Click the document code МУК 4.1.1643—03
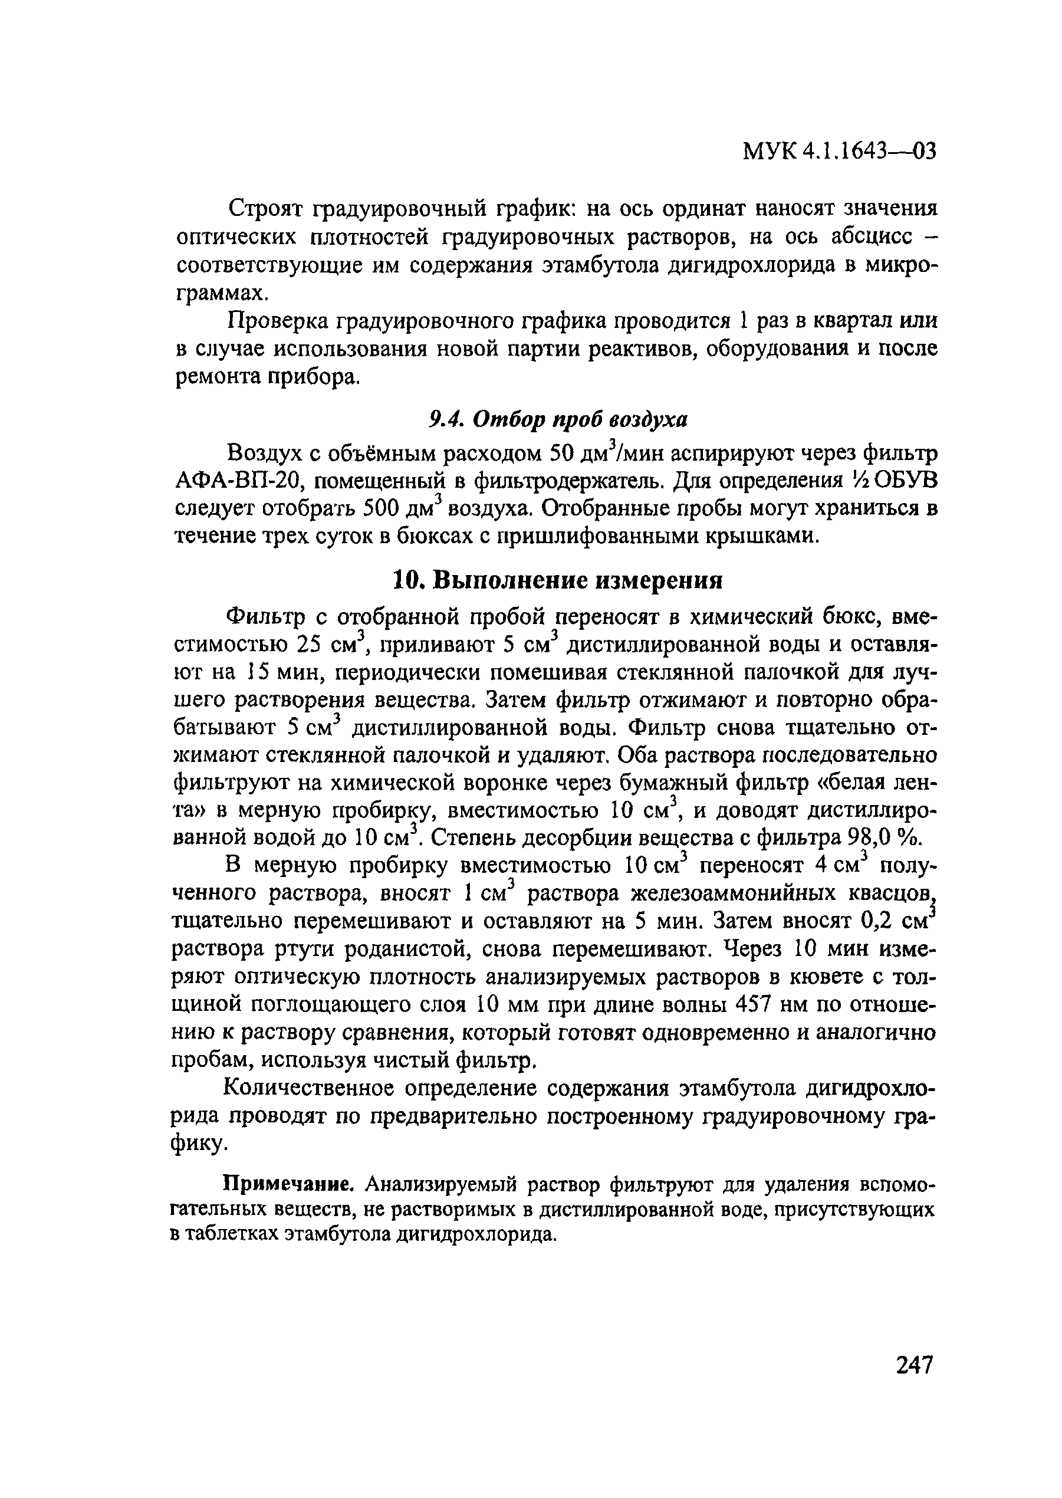(840, 152)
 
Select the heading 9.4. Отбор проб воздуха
(558, 420)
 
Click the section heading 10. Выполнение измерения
(558, 580)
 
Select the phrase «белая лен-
(870, 782)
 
